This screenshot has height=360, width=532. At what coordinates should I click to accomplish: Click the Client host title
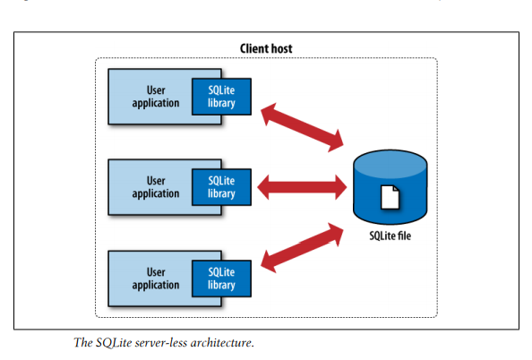click(266, 47)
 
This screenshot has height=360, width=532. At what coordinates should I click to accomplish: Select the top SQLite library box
click(221, 96)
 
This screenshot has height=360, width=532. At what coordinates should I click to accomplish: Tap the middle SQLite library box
click(221, 186)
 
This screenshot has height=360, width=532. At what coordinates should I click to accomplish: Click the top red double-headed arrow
click(303, 126)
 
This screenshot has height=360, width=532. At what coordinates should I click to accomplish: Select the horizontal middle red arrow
click(302, 187)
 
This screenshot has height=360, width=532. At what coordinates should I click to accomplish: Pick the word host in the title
click(281, 47)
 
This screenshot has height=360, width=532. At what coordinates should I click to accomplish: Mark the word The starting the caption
click(83, 342)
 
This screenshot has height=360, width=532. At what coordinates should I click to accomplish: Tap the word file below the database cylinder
click(405, 236)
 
